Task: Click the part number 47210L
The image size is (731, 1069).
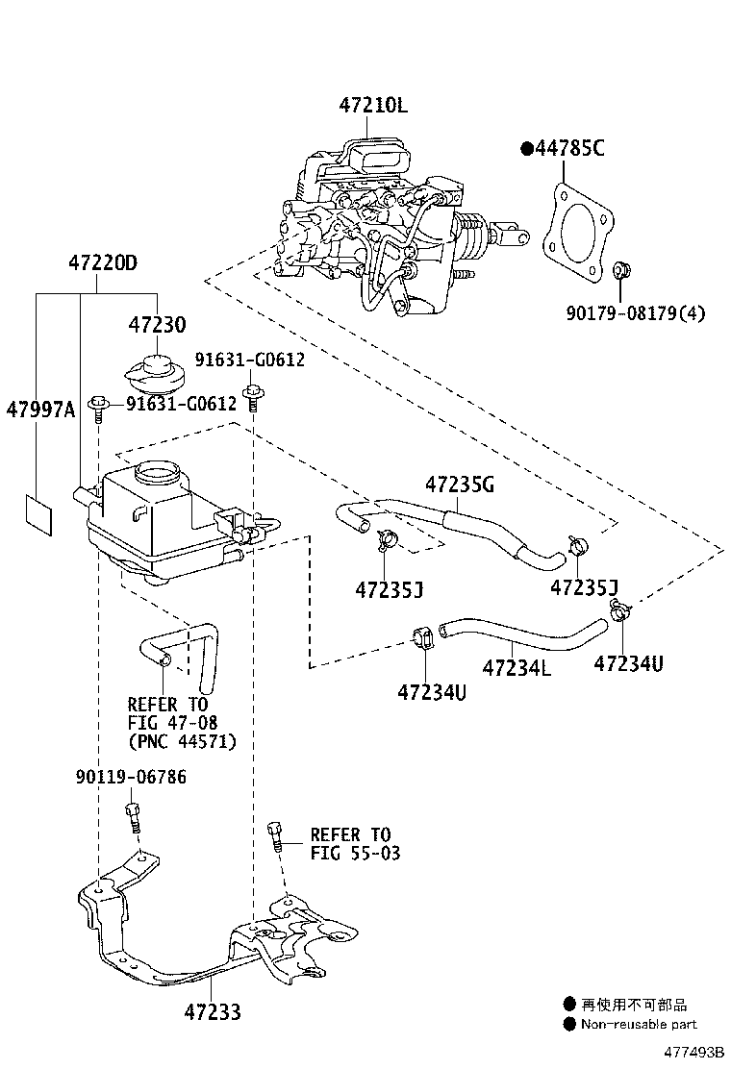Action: point(373,106)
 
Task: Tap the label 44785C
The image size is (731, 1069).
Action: point(569,148)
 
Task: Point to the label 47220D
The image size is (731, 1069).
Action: point(102,262)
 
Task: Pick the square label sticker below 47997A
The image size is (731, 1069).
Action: point(38,514)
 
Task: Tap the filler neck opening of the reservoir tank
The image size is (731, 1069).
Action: point(158,471)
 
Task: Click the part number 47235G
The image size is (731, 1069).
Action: point(460,485)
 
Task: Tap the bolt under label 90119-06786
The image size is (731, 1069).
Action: point(133,817)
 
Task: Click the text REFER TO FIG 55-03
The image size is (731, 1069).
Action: point(355,844)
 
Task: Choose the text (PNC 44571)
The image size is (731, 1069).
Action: point(182,741)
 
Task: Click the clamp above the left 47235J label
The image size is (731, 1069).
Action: point(386,539)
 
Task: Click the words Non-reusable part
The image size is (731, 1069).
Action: point(639,1024)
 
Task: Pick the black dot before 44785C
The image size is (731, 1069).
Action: point(527,148)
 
